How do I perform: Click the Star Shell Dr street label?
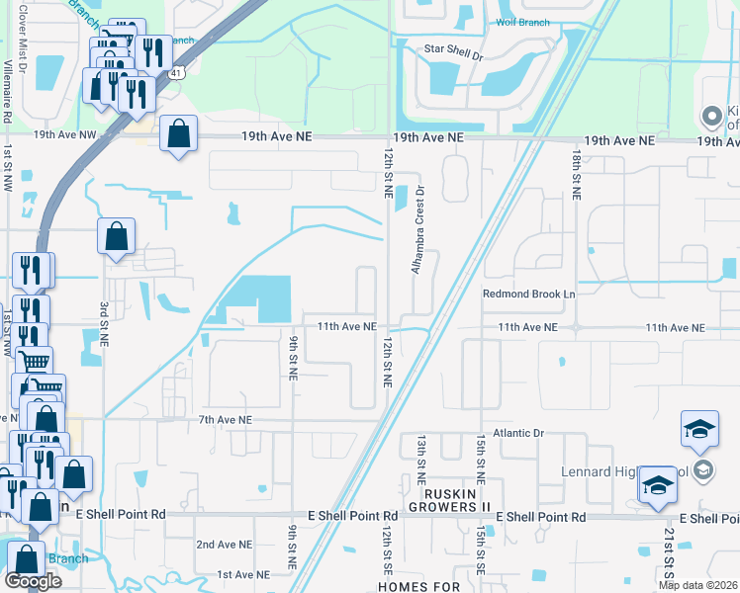451,57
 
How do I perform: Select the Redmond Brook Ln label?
528,295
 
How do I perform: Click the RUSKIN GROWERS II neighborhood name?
457,493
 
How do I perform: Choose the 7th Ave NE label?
226,420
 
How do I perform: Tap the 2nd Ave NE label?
226,545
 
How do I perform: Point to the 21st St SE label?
670,553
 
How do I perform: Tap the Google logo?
33,581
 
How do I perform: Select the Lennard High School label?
633,472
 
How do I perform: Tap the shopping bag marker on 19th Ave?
178,135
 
